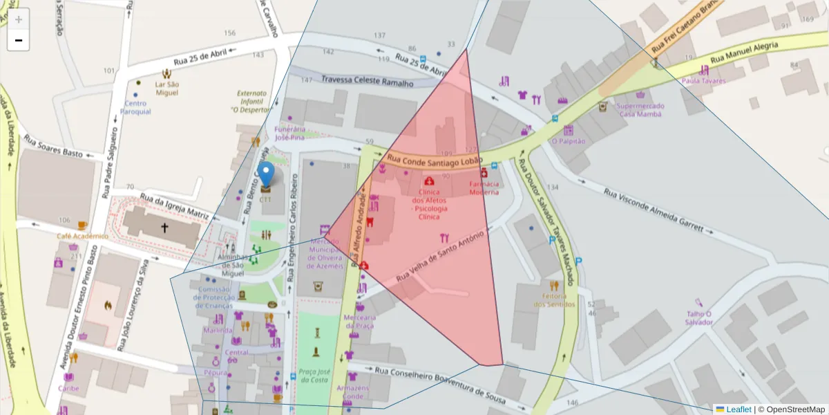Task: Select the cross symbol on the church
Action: [x=164, y=227]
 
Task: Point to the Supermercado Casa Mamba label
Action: [x=640, y=110]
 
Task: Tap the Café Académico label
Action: [x=83, y=236]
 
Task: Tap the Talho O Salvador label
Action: [x=699, y=317]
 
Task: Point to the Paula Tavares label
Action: [x=703, y=80]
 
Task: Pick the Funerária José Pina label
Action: [x=289, y=133]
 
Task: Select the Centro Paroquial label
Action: [x=135, y=107]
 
